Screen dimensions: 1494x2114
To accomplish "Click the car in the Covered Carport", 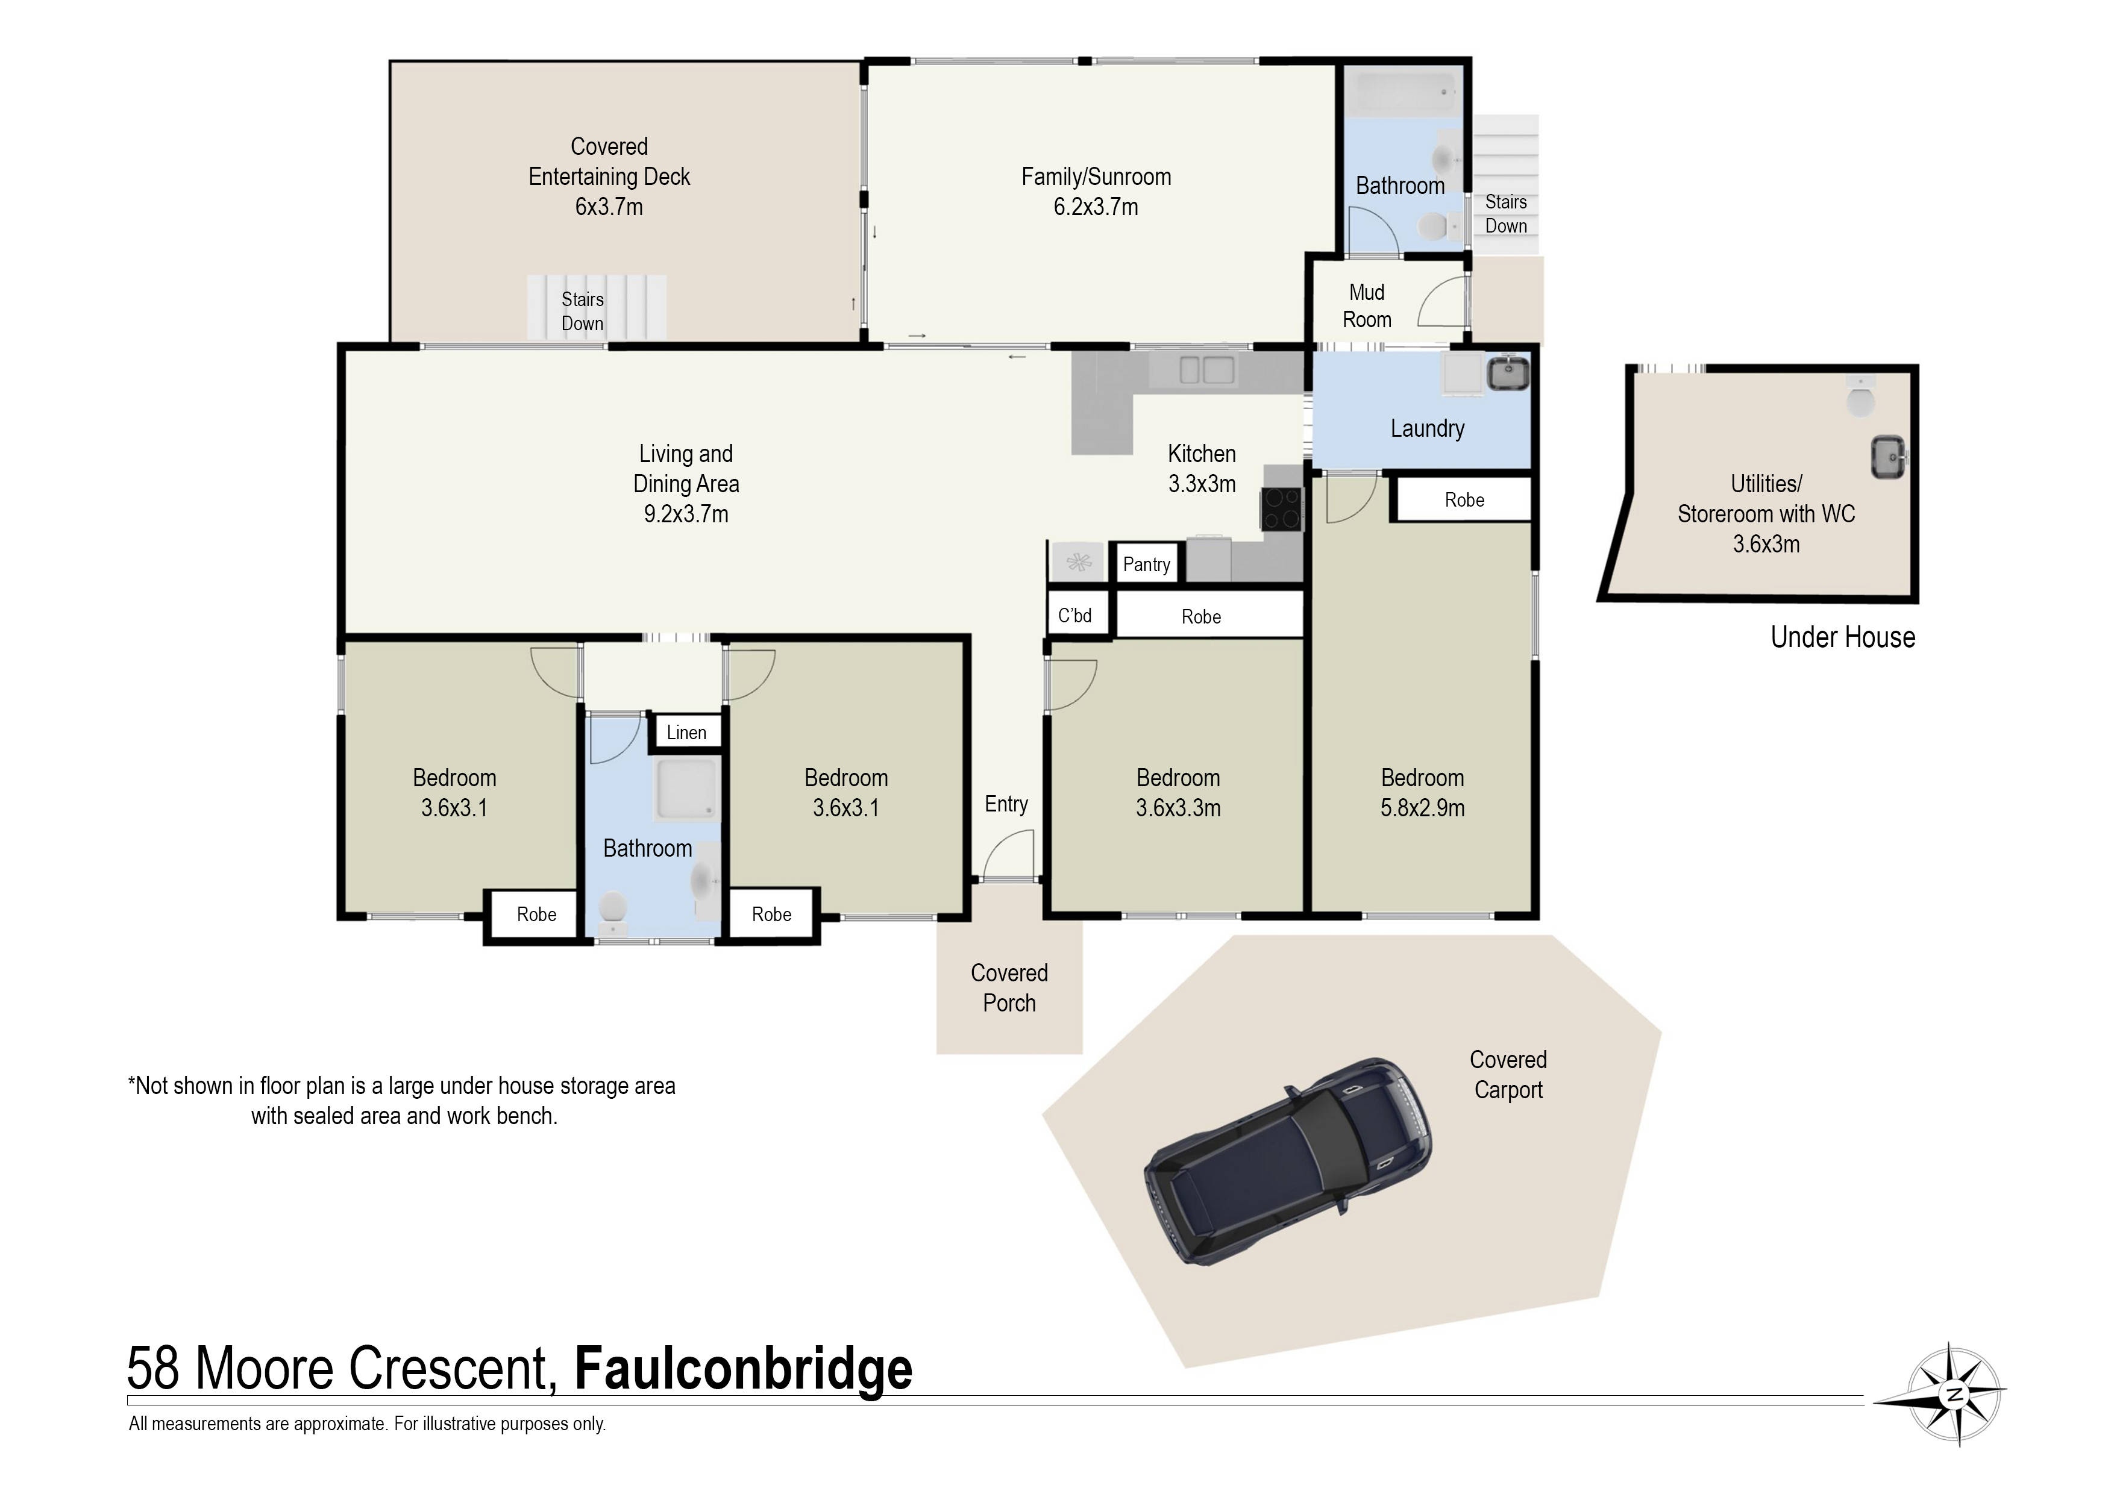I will [x=1289, y=1161].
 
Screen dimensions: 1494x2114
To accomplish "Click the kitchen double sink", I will [x=1206, y=370].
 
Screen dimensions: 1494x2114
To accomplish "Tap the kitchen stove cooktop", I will [x=1282, y=508].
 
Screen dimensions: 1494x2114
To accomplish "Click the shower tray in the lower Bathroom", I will [x=686, y=789].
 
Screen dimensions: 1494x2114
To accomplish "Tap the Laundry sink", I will [x=1508, y=373].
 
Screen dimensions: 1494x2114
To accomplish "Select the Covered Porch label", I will [x=1009, y=988].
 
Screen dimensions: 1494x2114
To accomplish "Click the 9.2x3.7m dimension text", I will [x=686, y=514].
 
